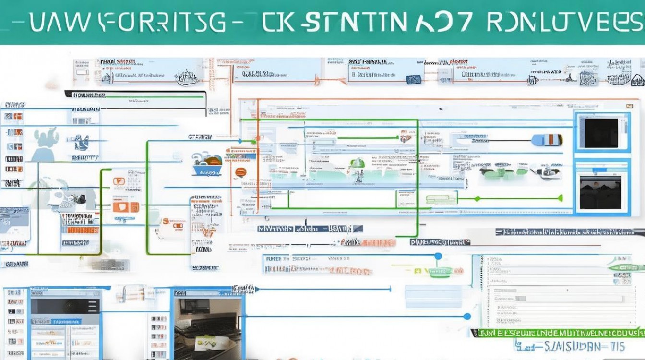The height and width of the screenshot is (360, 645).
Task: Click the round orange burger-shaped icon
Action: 240,172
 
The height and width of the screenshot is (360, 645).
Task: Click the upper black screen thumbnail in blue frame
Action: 601,133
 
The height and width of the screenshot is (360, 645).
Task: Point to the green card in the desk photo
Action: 206,342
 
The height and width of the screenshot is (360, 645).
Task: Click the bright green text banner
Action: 557,332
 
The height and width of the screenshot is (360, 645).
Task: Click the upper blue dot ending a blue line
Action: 438,257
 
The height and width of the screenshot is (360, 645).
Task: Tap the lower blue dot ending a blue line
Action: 467,316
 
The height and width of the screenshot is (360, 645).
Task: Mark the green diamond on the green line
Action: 477,198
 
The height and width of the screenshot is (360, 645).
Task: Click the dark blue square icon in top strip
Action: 411,79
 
